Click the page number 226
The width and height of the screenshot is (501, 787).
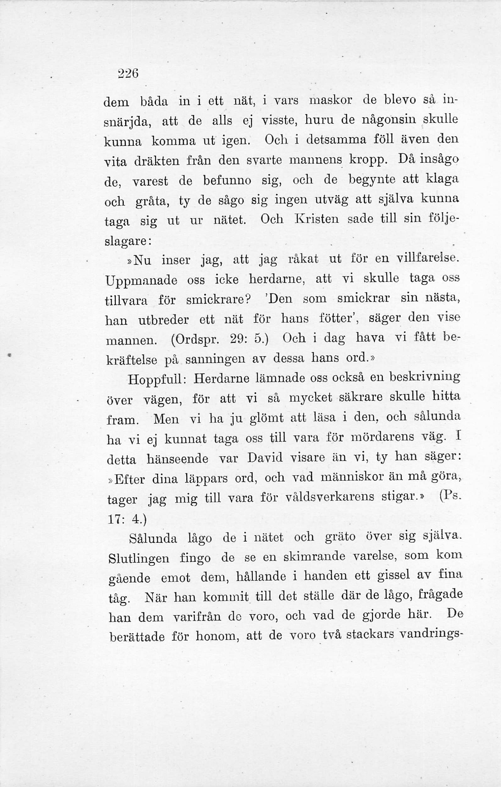coord(128,73)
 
